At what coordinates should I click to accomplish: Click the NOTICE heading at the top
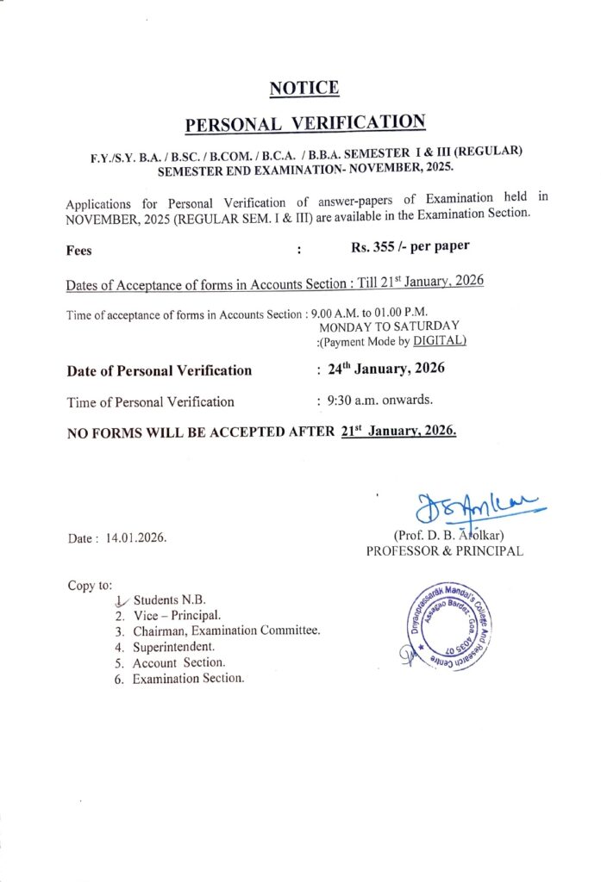304,88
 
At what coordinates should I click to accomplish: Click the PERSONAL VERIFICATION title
305,122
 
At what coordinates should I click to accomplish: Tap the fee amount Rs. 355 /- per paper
410,246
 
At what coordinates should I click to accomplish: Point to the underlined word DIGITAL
440,341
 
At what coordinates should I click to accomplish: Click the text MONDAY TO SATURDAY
389,326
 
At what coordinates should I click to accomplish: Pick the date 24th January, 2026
385,369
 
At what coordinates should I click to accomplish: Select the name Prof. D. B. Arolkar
448,536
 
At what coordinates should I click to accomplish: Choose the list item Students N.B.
169,599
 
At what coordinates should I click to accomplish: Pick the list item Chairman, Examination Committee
226,630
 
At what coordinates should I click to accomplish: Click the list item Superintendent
173,646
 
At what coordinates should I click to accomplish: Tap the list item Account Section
178,662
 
